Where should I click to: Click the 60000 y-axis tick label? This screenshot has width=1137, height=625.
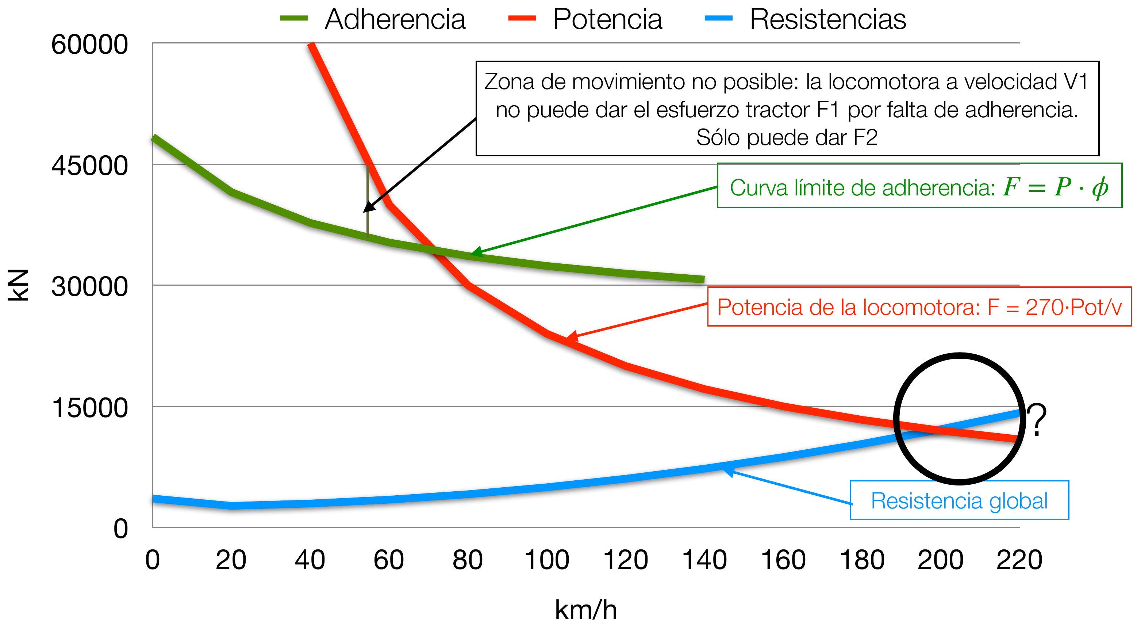pos(89,45)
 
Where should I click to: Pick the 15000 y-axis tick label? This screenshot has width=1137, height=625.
pos(89,408)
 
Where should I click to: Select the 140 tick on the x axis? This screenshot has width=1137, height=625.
pos(704,560)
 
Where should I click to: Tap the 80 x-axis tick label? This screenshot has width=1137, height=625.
pos(468,560)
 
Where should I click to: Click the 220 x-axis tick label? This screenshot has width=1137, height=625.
pos(1019,560)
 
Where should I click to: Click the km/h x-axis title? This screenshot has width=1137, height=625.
pos(586,610)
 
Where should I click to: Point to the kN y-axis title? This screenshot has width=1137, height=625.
pos(19,285)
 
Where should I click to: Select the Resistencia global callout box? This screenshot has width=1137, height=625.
pos(959,500)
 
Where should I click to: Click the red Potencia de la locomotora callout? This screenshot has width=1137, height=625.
pos(919,307)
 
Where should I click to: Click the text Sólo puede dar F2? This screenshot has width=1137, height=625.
pos(787,137)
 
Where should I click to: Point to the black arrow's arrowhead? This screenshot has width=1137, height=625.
pos(367,209)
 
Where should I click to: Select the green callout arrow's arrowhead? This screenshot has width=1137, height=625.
pos(475,253)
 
